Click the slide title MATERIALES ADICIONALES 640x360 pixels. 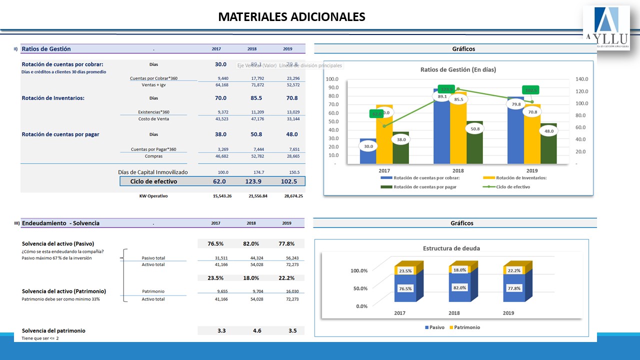pos(291,17)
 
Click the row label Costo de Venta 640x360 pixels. pos(153,119)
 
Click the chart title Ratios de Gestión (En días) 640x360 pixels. pos(458,69)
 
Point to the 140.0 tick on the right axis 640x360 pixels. pos(582,79)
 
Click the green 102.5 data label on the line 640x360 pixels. pos(531,90)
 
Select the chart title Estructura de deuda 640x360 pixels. pos(451,248)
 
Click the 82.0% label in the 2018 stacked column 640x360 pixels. pos(459,287)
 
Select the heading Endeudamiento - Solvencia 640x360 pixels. pos(60,223)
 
